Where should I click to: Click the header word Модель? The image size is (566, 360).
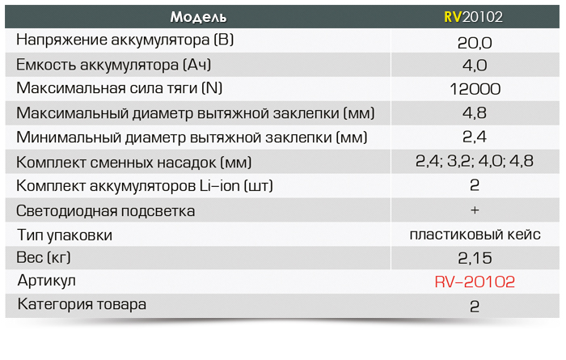click(x=198, y=17)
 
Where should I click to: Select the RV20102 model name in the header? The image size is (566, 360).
click(x=473, y=17)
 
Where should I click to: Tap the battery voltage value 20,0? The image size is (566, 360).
click(x=475, y=43)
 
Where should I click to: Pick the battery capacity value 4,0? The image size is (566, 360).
click(x=475, y=66)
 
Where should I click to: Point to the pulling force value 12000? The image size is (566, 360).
click(x=475, y=89)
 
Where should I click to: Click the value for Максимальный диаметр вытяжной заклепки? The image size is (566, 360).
click(x=475, y=113)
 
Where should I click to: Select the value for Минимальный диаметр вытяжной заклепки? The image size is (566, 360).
click(x=475, y=137)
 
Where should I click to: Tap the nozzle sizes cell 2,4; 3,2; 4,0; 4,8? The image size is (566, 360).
click(x=475, y=161)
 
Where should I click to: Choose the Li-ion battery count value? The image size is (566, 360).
click(x=475, y=185)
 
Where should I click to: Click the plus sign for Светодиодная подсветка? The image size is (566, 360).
click(x=475, y=210)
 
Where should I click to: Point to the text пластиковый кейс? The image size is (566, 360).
click(x=475, y=235)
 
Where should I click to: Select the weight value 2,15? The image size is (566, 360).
click(x=475, y=258)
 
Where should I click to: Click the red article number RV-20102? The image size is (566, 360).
click(x=475, y=282)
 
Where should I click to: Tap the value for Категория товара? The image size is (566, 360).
click(x=475, y=307)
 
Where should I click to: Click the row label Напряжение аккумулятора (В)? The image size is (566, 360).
click(x=125, y=40)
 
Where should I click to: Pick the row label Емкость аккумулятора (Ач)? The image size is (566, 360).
click(x=114, y=65)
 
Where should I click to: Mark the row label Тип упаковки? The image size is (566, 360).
click(x=65, y=235)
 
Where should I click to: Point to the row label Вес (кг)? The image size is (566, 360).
click(x=44, y=258)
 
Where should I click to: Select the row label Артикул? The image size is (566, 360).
click(x=47, y=281)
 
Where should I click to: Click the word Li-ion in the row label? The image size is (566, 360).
click(x=220, y=185)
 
